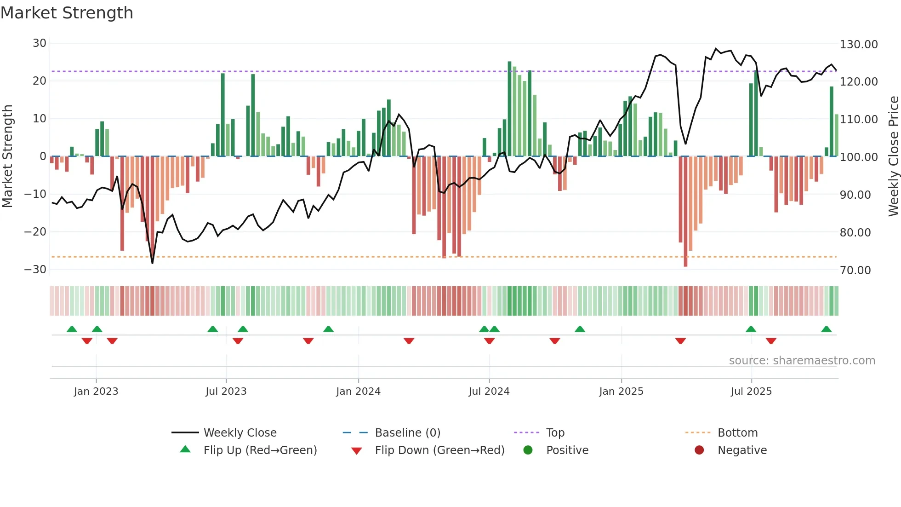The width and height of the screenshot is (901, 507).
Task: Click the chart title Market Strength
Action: (x=67, y=13)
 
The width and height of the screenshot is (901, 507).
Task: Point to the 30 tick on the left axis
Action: (x=40, y=43)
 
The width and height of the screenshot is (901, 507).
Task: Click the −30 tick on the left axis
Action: (x=35, y=270)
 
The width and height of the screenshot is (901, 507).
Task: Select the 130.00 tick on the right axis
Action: (x=858, y=45)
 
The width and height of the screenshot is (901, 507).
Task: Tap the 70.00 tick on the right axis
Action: (x=855, y=271)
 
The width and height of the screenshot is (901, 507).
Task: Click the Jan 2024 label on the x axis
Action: (x=358, y=392)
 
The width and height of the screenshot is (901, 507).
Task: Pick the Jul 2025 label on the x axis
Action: (x=751, y=392)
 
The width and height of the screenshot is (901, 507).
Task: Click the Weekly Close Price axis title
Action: (x=893, y=156)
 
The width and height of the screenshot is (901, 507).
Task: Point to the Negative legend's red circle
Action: (x=699, y=450)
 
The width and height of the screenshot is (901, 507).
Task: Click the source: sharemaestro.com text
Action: (x=802, y=361)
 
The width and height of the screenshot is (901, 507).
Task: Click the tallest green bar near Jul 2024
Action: (x=509, y=108)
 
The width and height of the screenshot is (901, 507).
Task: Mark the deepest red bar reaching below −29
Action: (x=685, y=212)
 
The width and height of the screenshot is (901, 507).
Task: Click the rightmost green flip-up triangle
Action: (x=826, y=329)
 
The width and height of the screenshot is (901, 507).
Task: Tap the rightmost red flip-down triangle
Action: (x=771, y=341)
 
